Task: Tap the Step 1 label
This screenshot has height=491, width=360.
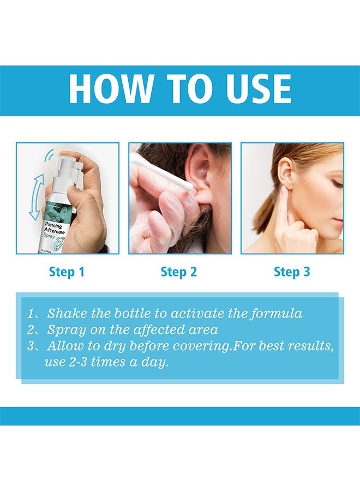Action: point(67,272)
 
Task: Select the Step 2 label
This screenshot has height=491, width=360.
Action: point(179,272)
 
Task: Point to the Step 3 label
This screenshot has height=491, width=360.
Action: point(292,272)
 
